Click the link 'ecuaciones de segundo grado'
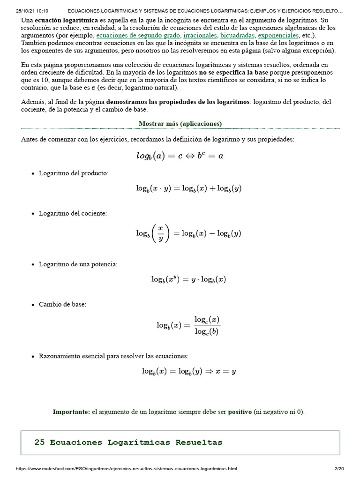click(x=126, y=36)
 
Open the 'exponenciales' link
click(x=278, y=36)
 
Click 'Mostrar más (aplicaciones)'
click(x=180, y=124)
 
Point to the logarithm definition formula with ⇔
click(x=180, y=156)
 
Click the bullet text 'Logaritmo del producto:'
click(x=74, y=173)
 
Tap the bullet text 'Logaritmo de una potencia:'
click(x=78, y=264)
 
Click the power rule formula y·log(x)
click(x=188, y=279)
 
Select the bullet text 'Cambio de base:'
click(x=62, y=305)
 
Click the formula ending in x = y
click(x=188, y=371)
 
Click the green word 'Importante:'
click(x=71, y=412)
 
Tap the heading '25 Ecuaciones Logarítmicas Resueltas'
click(x=128, y=442)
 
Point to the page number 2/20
click(x=339, y=469)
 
